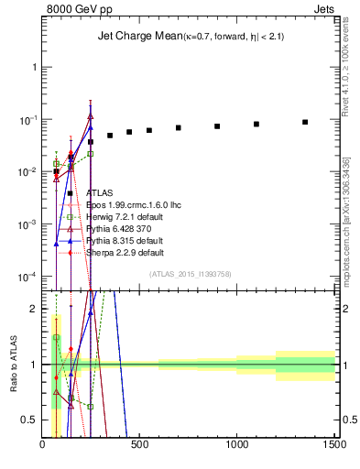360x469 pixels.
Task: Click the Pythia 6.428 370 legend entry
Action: click(118, 229)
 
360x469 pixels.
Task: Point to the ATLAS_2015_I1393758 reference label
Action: click(196, 274)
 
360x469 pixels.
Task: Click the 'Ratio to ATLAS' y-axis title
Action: click(12, 365)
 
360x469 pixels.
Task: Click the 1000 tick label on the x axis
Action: click(237, 446)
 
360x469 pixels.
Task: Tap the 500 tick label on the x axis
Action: click(140, 446)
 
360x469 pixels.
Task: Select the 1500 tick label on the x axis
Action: click(334, 446)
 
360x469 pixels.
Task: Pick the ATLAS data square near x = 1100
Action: click(256, 124)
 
